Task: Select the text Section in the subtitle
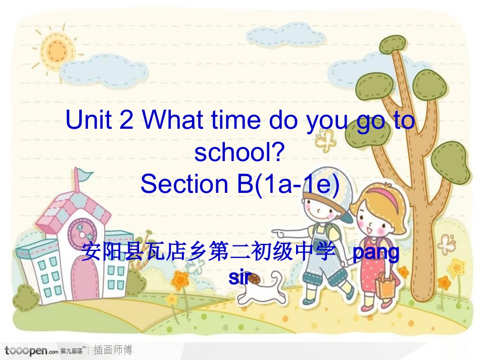click(x=183, y=184)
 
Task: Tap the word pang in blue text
click(x=375, y=252)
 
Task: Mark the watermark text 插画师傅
click(x=114, y=350)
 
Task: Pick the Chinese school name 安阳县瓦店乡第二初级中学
click(x=208, y=252)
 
